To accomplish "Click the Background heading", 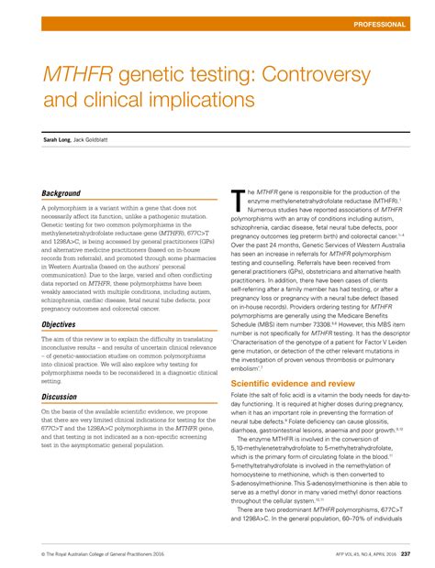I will (x=61, y=193).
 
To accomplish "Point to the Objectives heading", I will (x=59, y=324).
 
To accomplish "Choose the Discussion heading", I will (x=60, y=397).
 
